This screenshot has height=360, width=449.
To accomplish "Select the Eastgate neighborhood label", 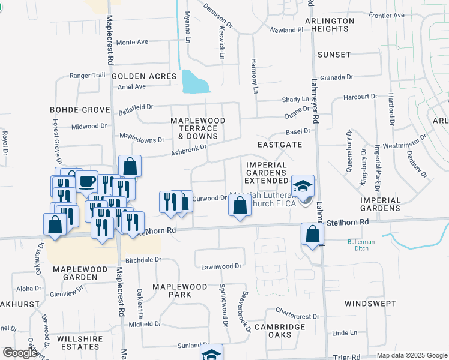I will point(279,145).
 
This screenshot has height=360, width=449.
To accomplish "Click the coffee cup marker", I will point(86,181).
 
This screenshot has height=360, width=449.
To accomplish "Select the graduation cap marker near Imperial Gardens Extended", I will point(303,185).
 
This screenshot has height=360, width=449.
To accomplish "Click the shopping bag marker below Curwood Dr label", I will point(240,206).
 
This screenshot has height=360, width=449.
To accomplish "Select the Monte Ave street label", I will point(131,43).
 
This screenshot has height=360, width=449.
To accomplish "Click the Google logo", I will point(20,353).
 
